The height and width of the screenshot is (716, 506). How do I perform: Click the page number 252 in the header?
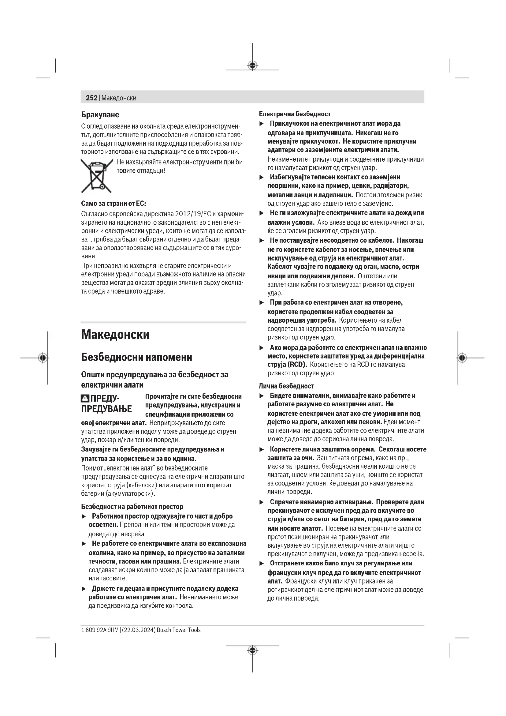[91, 98]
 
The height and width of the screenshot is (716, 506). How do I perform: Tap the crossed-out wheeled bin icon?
[96, 176]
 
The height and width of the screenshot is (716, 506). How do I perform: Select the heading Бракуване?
[100, 115]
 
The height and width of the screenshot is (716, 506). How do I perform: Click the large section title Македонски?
[115, 335]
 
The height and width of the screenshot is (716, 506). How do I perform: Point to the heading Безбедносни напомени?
[136, 357]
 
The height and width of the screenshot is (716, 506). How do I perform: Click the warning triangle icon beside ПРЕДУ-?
[85, 399]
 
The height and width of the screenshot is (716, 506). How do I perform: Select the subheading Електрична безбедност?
[294, 114]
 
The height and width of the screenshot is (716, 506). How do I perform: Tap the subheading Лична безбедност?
[286, 386]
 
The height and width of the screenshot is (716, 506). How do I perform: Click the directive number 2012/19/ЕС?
[193, 214]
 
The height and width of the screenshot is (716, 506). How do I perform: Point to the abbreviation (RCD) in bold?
[297, 365]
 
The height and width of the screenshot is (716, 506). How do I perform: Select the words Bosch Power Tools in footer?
[179, 630]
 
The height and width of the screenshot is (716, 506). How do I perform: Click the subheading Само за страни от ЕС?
[113, 204]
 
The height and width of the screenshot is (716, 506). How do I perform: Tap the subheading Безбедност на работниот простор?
[132, 507]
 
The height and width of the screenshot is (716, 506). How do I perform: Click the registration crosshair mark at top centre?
[252, 65]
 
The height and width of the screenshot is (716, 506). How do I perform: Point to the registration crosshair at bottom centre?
[252, 650]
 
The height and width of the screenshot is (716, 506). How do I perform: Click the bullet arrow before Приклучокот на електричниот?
[262, 124]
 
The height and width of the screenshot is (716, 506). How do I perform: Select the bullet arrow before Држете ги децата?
[84, 589]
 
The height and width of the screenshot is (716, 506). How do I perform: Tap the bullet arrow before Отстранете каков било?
[262, 564]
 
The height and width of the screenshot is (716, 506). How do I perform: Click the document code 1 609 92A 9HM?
[99, 630]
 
